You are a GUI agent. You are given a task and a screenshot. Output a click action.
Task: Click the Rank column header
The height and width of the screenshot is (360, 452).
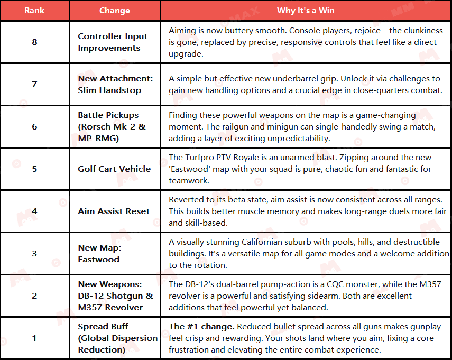pos(34,11)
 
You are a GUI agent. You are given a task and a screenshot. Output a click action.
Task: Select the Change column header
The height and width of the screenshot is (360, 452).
pos(114,11)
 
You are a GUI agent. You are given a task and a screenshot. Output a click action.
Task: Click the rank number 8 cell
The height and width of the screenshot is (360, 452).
pos(34,42)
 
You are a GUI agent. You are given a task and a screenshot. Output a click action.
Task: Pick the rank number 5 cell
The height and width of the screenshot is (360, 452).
pos(34,169)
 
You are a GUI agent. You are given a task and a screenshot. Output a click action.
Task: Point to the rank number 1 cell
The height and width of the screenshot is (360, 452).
pos(34,338)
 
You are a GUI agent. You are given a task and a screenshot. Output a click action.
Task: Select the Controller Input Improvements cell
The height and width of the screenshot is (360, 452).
pos(113,42)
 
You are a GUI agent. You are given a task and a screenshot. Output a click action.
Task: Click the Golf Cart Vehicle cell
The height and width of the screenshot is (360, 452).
pos(114,169)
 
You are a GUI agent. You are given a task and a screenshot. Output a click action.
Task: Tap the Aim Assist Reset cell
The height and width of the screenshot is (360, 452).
pos(114,211)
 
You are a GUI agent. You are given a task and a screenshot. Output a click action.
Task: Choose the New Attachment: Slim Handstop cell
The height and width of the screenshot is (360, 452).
pos(115,85)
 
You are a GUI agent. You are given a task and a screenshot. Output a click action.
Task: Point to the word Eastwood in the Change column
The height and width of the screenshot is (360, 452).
pos(98,260)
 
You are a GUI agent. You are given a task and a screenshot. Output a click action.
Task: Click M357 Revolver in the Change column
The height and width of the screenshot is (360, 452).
pos(110,308)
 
